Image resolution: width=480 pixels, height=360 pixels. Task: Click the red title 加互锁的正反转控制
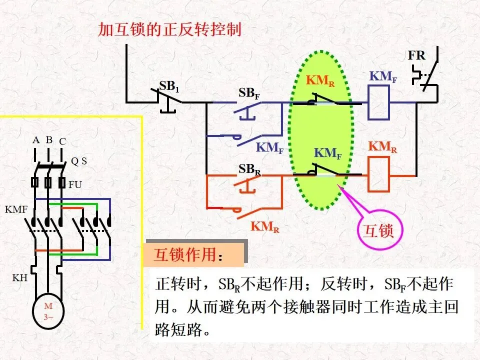[169, 29]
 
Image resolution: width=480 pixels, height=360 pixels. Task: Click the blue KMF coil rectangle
[378, 102]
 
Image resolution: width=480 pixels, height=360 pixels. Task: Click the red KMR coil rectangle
[378, 174]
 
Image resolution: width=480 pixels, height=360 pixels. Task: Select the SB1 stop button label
[169, 86]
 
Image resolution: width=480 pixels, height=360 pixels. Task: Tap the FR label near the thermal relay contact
[416, 55]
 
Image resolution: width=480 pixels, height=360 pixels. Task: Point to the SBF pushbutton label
[249, 93]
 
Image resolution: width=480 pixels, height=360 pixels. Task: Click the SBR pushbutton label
[249, 169]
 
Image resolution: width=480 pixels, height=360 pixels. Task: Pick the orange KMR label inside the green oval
[320, 80]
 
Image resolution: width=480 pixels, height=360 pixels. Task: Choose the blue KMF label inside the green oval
[327, 153]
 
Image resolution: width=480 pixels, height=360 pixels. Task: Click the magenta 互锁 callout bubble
[379, 230]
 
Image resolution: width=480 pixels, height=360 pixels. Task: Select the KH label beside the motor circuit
[20, 277]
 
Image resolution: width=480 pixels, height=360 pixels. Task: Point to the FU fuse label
[75, 184]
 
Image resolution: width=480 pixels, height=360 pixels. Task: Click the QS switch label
[79, 161]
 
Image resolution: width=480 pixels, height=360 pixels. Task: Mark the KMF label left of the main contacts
[16, 209]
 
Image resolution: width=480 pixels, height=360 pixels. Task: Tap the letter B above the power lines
[49, 140]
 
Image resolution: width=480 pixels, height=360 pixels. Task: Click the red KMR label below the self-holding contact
[265, 227]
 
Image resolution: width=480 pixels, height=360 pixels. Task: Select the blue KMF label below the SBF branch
[269, 148]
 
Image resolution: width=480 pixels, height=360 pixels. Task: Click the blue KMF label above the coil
[383, 76]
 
